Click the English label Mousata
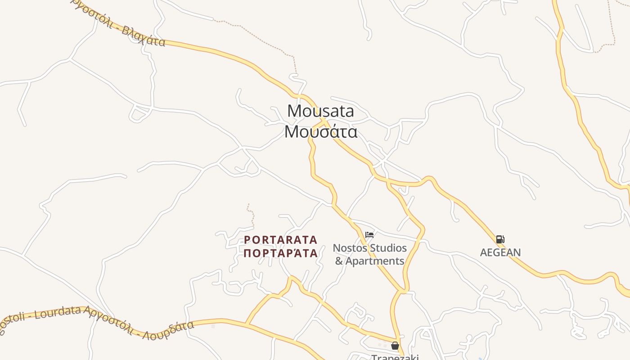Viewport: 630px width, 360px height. (x=320, y=111)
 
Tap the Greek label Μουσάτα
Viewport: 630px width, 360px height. (x=321, y=131)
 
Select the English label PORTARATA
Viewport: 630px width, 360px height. (x=281, y=240)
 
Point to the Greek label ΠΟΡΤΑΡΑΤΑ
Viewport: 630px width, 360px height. (x=281, y=253)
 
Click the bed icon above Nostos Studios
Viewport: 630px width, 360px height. (x=369, y=235)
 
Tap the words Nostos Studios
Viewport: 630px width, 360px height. (x=369, y=248)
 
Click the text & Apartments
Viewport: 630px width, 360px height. (x=369, y=261)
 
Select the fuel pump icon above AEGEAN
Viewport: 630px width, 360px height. (x=500, y=239)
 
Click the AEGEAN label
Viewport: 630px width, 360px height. (x=500, y=252)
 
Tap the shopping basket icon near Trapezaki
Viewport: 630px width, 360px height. (x=395, y=346)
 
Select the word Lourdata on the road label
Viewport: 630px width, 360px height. (x=58, y=312)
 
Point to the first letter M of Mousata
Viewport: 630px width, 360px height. (x=293, y=111)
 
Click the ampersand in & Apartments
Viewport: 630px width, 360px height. (x=339, y=261)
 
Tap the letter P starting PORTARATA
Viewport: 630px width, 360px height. (x=247, y=240)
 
